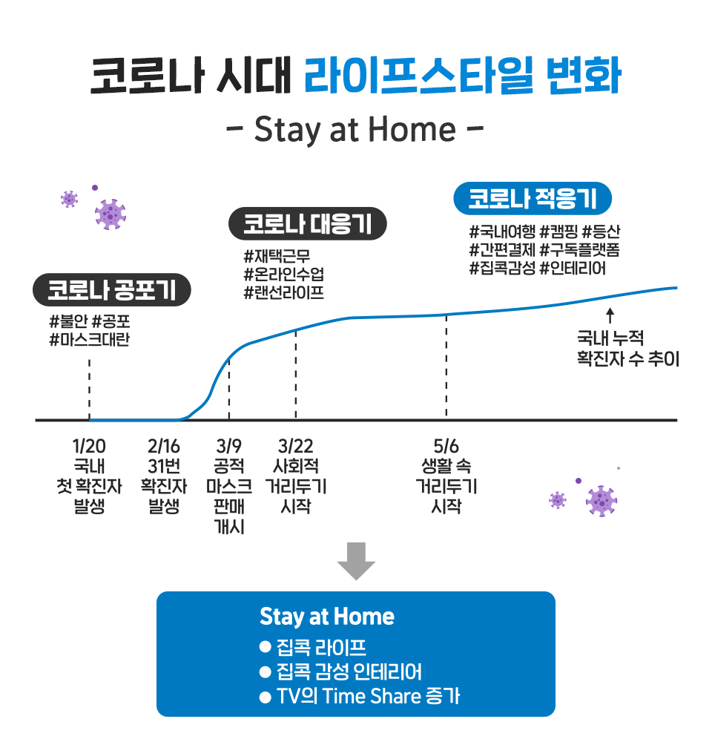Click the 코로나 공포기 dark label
(x=112, y=290)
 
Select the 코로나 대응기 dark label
(x=308, y=224)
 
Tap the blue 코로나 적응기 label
(x=533, y=198)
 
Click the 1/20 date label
(x=89, y=447)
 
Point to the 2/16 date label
(x=163, y=447)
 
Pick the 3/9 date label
(x=229, y=447)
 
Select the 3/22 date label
(x=295, y=447)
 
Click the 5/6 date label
(x=446, y=447)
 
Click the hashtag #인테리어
(x=573, y=268)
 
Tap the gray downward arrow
(x=356, y=560)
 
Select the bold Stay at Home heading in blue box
(x=327, y=617)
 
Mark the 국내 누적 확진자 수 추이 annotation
(x=627, y=349)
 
